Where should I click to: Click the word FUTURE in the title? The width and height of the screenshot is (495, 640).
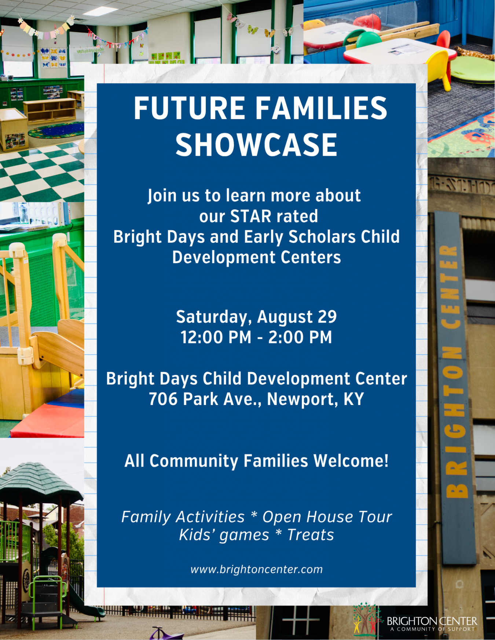[x=189, y=108]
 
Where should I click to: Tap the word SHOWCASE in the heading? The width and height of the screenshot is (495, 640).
[x=256, y=145]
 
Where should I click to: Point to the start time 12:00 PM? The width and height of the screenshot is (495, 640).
[x=216, y=337]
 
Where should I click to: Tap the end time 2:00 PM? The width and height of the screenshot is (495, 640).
[x=300, y=337]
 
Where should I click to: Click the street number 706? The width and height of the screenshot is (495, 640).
[x=163, y=399]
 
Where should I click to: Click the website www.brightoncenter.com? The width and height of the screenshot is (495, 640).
[x=257, y=569]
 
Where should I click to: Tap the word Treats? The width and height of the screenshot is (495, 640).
[x=311, y=535]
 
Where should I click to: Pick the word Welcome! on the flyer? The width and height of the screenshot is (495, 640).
[x=351, y=461]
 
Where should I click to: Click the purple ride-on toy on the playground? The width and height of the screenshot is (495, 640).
[x=162, y=633]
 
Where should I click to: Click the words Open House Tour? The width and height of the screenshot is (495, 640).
[x=327, y=517]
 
